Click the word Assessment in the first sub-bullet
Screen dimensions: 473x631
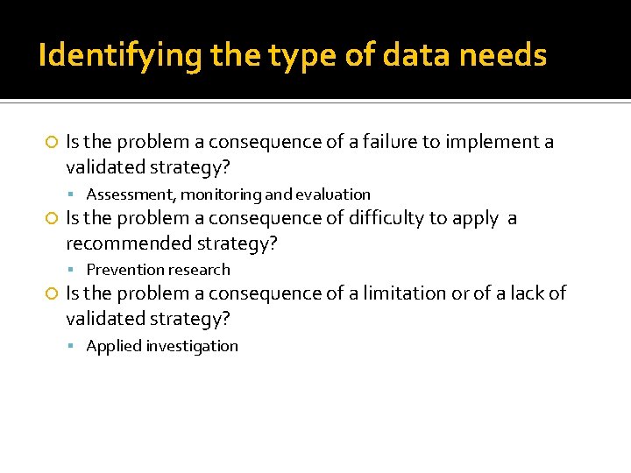tap(131, 194)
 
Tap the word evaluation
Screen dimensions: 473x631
tap(333, 194)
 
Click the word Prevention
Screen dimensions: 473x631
tap(123, 270)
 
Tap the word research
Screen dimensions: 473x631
tap(196, 270)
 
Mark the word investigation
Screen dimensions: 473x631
tap(192, 346)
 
